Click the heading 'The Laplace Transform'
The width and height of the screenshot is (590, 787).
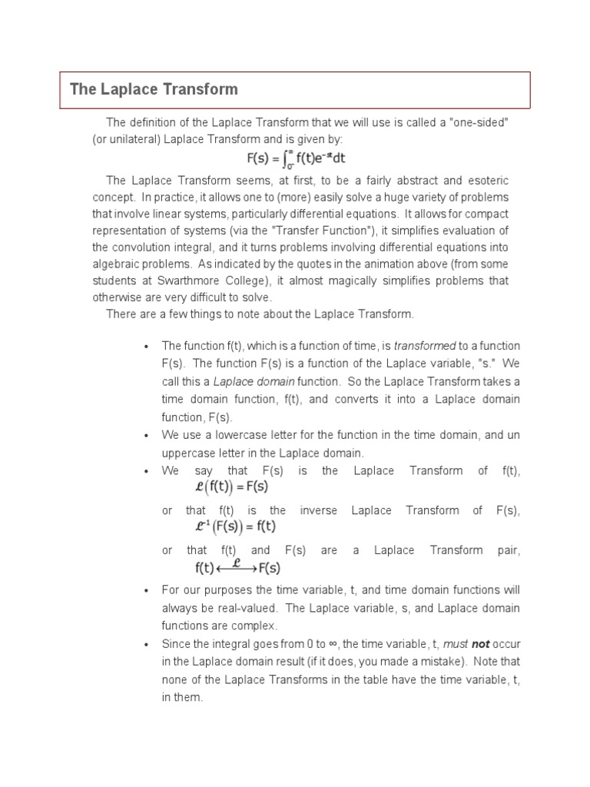[154, 89]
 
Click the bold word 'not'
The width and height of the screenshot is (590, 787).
[480, 643]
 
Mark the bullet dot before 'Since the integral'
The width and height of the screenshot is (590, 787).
[146, 644]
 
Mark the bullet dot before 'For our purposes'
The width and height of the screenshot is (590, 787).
[146, 590]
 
